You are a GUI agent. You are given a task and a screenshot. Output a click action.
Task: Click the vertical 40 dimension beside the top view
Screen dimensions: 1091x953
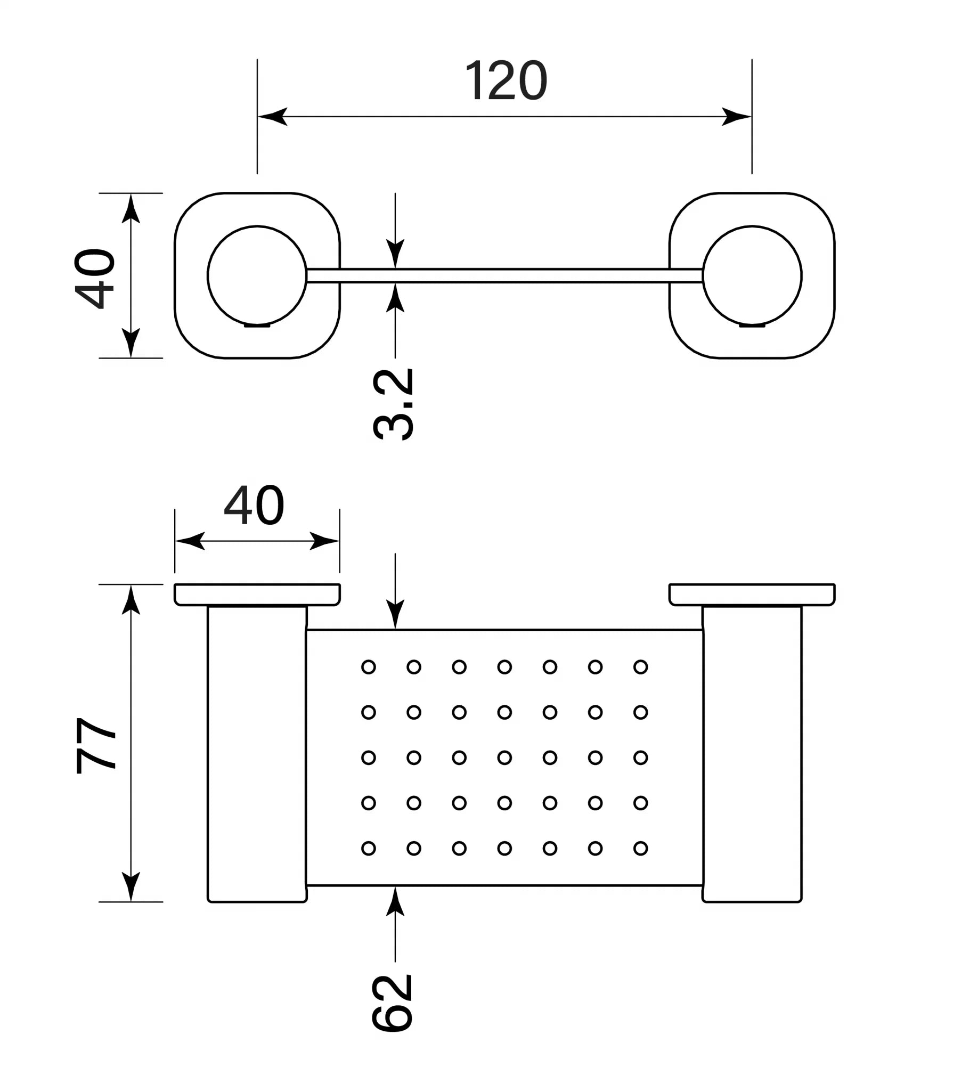(95, 278)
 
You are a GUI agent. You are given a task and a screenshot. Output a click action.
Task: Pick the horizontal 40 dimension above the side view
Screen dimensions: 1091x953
(254, 505)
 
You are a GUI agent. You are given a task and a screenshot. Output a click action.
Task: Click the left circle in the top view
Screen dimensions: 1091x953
(257, 275)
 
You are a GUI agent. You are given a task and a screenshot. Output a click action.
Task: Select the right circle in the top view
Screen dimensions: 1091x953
(752, 275)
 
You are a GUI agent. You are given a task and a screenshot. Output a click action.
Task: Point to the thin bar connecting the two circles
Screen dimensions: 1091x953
(504, 275)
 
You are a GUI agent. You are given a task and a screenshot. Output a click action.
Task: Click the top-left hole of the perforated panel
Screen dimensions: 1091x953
(368, 666)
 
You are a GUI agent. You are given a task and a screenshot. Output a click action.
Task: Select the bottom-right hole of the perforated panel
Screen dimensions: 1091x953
(640, 848)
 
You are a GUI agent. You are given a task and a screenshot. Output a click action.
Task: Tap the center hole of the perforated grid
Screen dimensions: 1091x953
(504, 758)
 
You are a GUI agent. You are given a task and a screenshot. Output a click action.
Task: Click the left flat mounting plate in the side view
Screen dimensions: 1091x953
(257, 595)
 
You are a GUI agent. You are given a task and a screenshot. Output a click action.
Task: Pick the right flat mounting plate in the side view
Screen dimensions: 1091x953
(752, 595)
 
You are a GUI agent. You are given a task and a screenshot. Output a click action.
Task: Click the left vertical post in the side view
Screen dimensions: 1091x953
(257, 754)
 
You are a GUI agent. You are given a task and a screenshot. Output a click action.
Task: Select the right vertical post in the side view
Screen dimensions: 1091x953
(752, 754)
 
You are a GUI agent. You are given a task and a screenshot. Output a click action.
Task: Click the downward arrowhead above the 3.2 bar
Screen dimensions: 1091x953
(395, 254)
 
